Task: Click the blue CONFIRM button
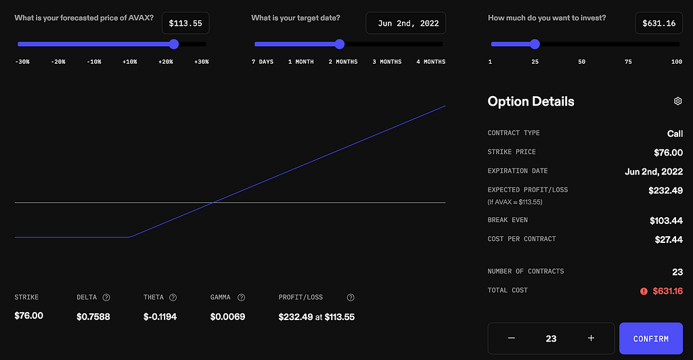[x=651, y=338]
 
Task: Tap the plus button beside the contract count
[x=591, y=338]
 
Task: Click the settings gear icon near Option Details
[x=677, y=101]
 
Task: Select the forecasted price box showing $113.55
[x=185, y=23]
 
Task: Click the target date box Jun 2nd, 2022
[x=406, y=23]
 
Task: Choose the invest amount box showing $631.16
[x=659, y=23]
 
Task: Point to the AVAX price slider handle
[x=174, y=44]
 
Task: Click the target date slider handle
[x=340, y=44]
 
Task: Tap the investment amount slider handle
[x=535, y=44]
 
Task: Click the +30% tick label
[x=202, y=62]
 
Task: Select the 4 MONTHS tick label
[x=431, y=62]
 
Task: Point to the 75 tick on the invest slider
[x=628, y=62]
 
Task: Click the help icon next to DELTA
[x=106, y=297]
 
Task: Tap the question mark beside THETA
[x=173, y=297]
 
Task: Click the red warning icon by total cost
[x=644, y=291]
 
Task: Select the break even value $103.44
[x=666, y=221]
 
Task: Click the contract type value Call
[x=675, y=133]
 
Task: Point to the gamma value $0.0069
[x=227, y=317]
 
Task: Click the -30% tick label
[x=22, y=62]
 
